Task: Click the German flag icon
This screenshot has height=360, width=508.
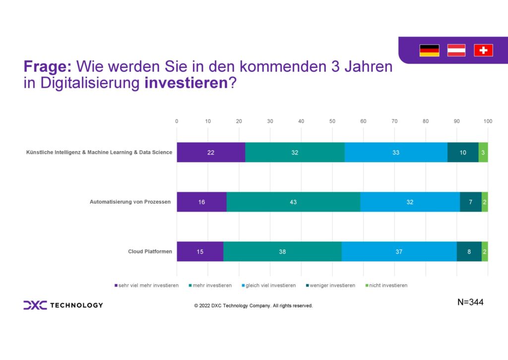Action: [429, 50]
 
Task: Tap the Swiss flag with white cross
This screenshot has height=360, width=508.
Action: [483, 50]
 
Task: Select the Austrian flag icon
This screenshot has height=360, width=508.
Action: [456, 50]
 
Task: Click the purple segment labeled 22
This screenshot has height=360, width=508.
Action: [211, 152]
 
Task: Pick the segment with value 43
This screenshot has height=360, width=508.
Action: [293, 202]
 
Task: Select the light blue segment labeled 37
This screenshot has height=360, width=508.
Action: [399, 252]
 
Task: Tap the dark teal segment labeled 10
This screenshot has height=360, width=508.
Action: [462, 152]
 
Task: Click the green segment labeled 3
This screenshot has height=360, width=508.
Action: [483, 152]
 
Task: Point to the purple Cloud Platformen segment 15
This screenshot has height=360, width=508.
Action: [200, 252]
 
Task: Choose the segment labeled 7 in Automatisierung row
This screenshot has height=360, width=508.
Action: [470, 202]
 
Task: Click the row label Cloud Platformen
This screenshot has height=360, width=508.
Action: [150, 252]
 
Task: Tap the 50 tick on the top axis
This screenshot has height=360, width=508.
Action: [332, 121]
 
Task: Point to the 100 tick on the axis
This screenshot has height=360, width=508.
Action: [488, 121]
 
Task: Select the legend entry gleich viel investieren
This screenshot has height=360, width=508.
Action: [271, 286]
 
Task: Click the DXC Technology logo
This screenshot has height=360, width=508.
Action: [63, 305]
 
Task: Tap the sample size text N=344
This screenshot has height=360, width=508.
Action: [470, 302]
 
